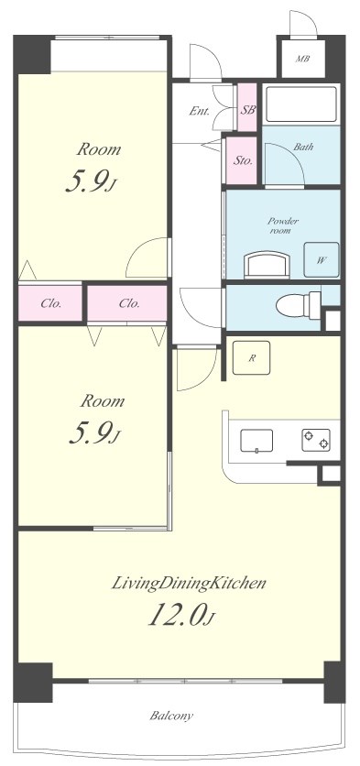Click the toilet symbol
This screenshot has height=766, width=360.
[x=299, y=306]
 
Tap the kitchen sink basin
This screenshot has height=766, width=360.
[x=256, y=441]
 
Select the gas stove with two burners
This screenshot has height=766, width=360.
[x=316, y=440]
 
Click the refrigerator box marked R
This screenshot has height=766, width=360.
[x=252, y=357]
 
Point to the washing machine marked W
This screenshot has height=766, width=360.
[x=321, y=260]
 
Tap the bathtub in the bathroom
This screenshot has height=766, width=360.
[x=301, y=104]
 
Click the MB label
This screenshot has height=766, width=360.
[x=303, y=60]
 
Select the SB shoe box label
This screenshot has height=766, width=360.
[x=247, y=109]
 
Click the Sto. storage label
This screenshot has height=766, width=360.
[x=242, y=160]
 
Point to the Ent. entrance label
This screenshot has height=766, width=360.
[x=200, y=111]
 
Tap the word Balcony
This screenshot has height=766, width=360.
[x=171, y=717]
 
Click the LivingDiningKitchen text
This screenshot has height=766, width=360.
[x=190, y=583]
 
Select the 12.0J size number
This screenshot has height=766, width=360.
[x=181, y=615]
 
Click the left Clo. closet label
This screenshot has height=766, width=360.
[x=50, y=303]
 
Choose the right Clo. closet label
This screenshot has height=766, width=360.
[x=129, y=303]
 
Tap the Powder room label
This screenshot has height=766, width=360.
[x=283, y=225]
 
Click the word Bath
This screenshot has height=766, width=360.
[x=303, y=147]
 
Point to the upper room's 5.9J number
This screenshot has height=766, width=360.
[x=93, y=182]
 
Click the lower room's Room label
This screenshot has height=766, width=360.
[x=102, y=401]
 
